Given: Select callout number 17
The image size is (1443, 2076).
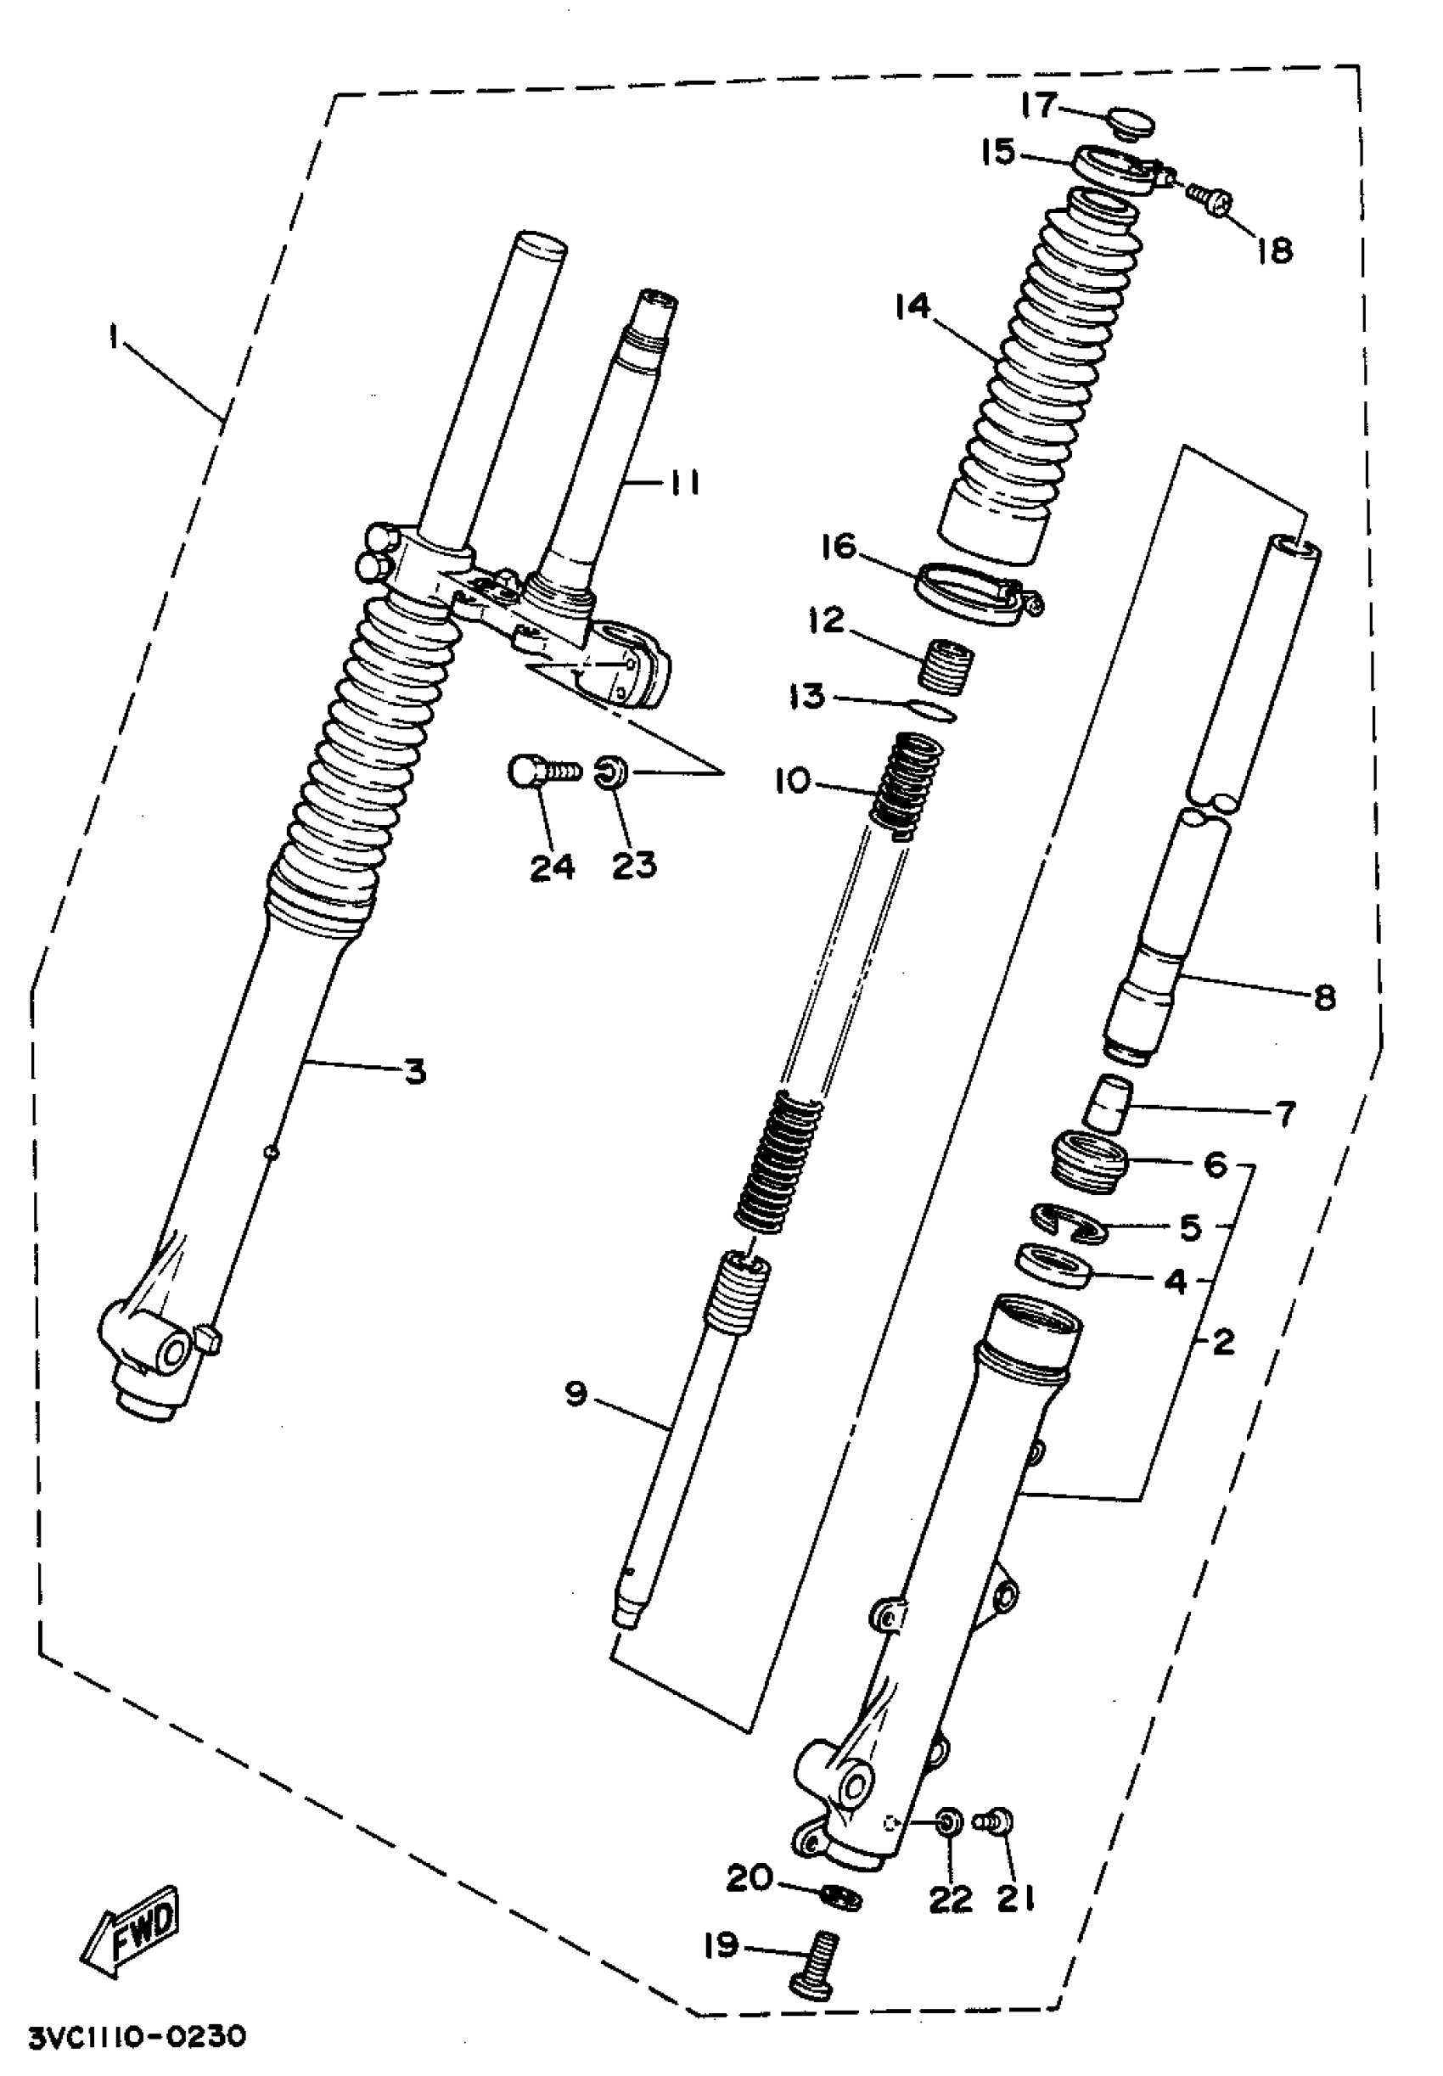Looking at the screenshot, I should [1038, 106].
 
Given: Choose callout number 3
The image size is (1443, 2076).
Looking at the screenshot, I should [414, 1072].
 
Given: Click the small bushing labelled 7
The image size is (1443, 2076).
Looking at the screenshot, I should [1109, 1103].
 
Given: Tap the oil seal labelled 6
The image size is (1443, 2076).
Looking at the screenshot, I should [1088, 1160].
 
